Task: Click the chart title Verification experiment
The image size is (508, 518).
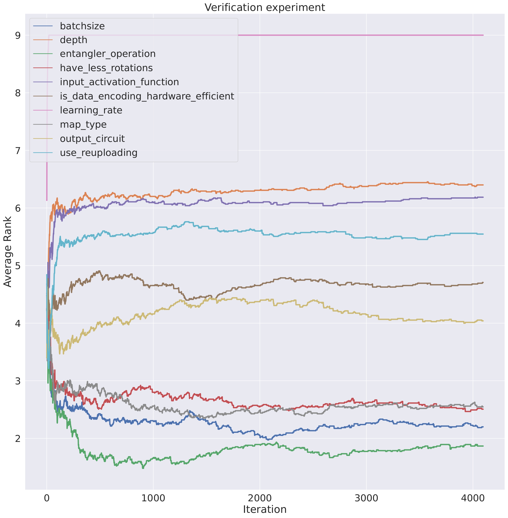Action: tap(265, 7)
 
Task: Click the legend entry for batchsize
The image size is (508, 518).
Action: tap(82, 26)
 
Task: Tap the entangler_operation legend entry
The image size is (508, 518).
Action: tap(108, 54)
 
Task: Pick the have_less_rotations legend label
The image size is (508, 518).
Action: tap(106, 68)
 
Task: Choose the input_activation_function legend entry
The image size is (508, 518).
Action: tap(119, 82)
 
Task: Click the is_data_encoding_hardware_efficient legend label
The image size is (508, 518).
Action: tap(147, 96)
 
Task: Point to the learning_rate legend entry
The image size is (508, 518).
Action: tap(91, 110)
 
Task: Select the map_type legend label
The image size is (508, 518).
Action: tap(83, 125)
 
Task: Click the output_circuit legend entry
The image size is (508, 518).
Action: tap(92, 139)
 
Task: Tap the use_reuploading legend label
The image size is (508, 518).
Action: tap(98, 153)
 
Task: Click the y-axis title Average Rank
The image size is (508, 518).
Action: tap(7, 252)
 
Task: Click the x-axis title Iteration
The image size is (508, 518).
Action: tap(265, 510)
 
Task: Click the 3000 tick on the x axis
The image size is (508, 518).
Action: tap(366, 498)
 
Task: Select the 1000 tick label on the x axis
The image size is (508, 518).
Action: tap(153, 498)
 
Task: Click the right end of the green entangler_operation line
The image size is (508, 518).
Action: tap(483, 446)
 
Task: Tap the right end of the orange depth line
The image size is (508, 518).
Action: tap(483, 185)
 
